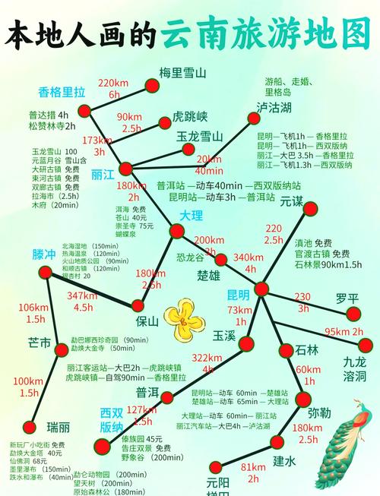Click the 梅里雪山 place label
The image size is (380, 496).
click(182, 74)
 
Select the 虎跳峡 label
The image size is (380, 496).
click(190, 118)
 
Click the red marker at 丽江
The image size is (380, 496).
click(126, 168)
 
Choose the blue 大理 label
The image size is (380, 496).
click(192, 216)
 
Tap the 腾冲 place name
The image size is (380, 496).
click(44, 254)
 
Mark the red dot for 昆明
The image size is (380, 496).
click(261, 289)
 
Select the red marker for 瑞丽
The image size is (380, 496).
click(30, 427)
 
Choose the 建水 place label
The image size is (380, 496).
click(283, 460)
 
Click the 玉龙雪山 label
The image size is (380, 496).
click(199, 137)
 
